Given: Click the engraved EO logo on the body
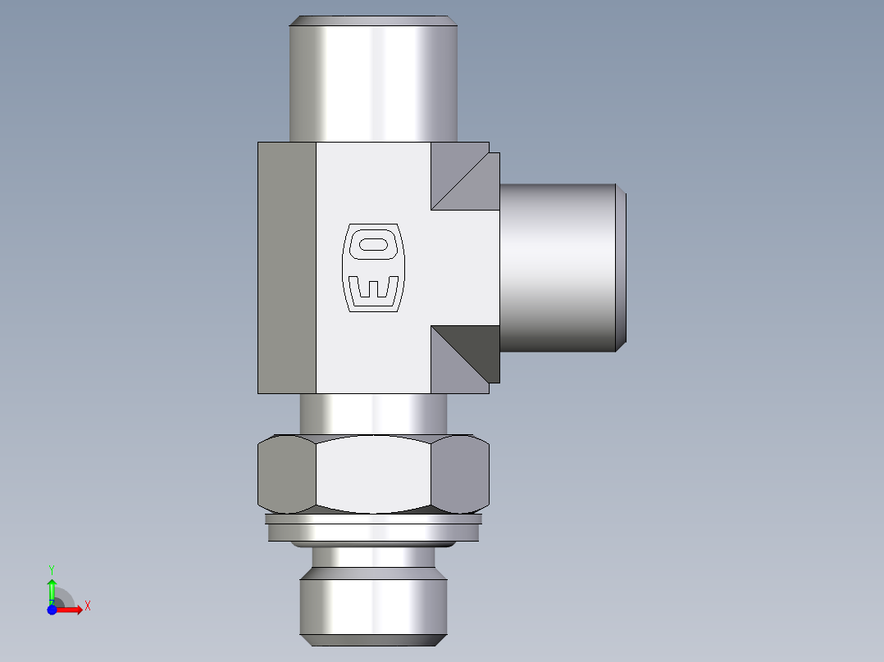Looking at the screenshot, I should click(372, 267).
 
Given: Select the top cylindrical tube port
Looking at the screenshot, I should click(372, 82).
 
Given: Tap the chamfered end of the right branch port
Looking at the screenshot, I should click(622, 267).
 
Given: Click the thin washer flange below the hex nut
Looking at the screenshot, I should click(373, 519).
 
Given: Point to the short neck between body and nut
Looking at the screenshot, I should click(373, 413).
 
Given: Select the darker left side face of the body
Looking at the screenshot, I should click(287, 267).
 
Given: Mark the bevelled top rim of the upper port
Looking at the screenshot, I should click(373, 20).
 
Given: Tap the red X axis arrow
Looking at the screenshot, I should click(71, 610).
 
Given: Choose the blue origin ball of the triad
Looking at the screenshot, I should click(52, 610).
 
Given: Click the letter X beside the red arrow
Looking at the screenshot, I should click(87, 606).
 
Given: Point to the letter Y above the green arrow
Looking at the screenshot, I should click(52, 569).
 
